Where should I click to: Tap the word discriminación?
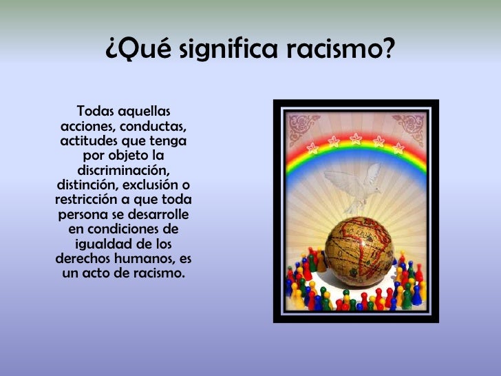click(x=123, y=170)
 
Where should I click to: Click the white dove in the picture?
click(x=354, y=186)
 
